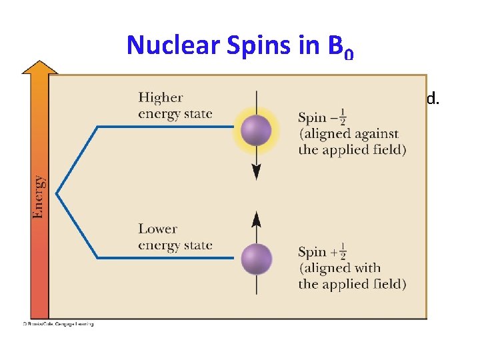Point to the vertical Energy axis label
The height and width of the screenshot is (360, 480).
[39, 196]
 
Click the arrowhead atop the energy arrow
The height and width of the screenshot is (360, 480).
[39, 66]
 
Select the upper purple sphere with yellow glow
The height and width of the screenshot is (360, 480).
[256, 130]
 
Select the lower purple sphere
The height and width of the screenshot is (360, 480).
[256, 259]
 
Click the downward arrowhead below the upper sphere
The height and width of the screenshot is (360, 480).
[256, 173]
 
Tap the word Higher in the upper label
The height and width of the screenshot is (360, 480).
[161, 98]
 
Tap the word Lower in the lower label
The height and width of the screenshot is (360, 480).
[157, 229]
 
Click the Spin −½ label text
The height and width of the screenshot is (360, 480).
[323, 118]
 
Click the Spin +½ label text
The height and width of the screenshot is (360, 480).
[323, 252]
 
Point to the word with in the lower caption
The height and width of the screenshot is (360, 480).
[367, 268]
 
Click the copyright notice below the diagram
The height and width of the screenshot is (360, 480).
[58, 324]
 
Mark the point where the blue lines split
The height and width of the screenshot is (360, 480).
[57, 193]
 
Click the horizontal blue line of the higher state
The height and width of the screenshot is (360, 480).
[167, 127]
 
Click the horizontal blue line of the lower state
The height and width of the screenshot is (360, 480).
[167, 257]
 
